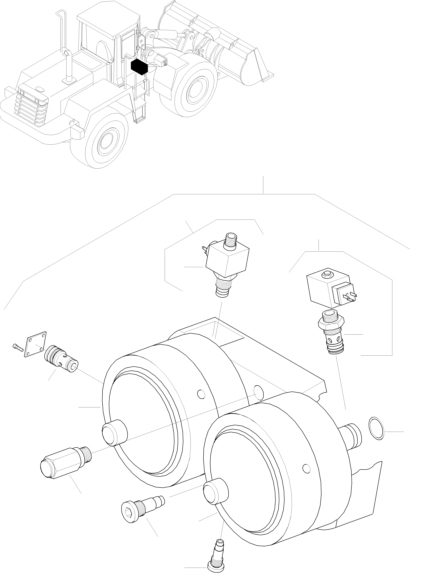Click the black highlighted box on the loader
click(139, 67)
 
